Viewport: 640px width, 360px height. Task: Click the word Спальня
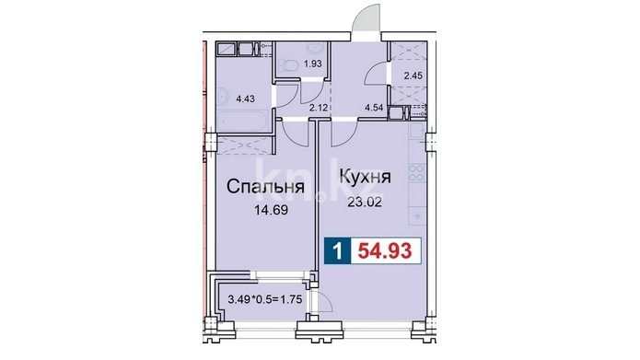tap(265, 187)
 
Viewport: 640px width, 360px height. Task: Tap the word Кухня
tap(366, 177)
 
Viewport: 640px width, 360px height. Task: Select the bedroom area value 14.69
tap(271, 210)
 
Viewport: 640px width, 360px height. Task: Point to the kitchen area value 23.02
tap(365, 202)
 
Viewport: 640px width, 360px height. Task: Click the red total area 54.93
tap(385, 250)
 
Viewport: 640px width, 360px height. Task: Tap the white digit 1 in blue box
tap(337, 250)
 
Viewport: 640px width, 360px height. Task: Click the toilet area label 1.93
tap(313, 64)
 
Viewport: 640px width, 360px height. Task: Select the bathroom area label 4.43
tap(246, 99)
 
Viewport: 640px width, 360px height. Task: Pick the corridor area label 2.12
tap(318, 108)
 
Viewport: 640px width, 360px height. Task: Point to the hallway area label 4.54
tap(374, 108)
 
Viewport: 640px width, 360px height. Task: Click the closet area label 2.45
tap(413, 75)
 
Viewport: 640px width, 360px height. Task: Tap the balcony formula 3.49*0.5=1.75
tap(265, 299)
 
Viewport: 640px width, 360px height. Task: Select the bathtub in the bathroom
tap(242, 122)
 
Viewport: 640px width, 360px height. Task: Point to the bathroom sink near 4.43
tap(224, 97)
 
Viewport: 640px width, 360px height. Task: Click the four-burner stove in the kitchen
tap(417, 172)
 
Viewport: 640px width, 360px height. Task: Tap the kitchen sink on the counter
tap(418, 131)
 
